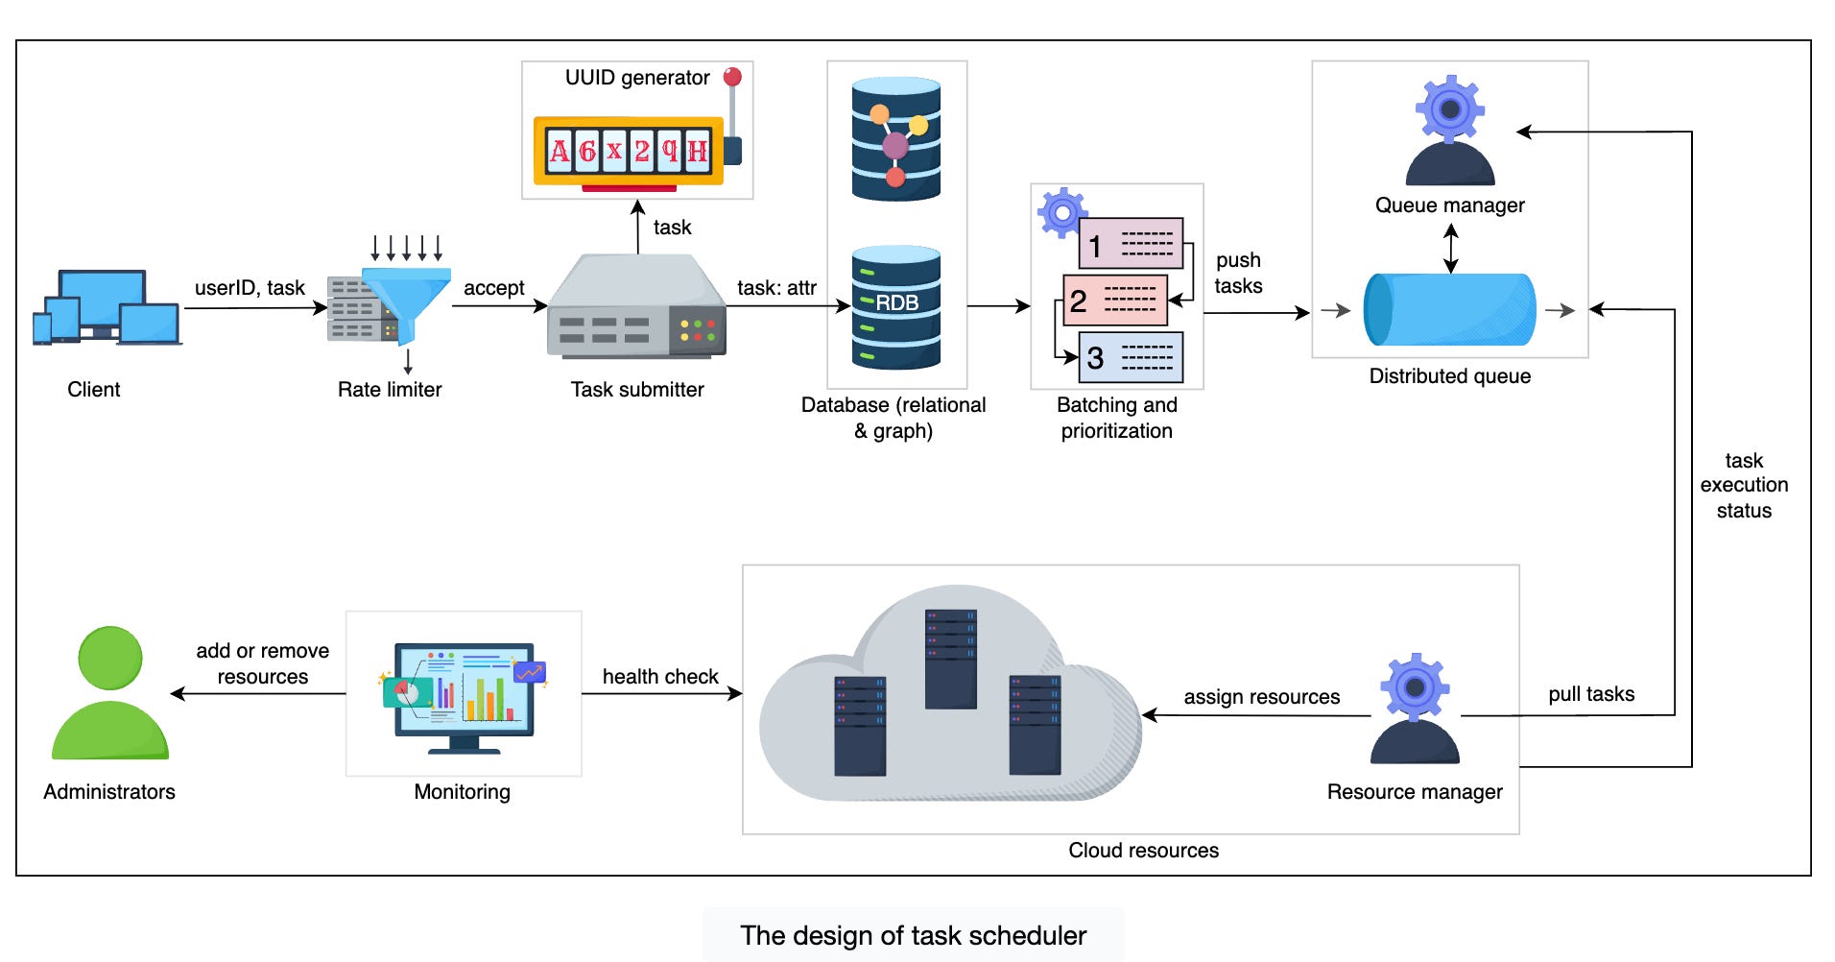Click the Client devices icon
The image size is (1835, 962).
pos(107,307)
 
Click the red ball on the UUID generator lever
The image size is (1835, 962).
pos(732,77)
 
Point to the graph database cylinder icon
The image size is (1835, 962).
pos(895,140)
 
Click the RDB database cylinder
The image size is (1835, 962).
pos(895,307)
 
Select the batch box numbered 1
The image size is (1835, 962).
pos(1131,244)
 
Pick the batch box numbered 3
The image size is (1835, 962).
pos(1131,357)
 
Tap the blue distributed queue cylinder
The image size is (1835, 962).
pos(1449,309)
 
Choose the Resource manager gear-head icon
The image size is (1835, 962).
pos(1415,709)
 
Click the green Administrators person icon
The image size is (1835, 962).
pos(109,693)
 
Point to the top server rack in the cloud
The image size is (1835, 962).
pos(950,659)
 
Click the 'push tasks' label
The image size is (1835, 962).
pos(1238,273)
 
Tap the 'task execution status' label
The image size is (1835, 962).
pos(1744,486)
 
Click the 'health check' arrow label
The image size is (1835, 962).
pos(660,676)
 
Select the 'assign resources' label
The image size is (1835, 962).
pos(1261,697)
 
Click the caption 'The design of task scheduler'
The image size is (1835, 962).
pos(913,935)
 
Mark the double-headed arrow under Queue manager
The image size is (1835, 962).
pos(1450,249)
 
